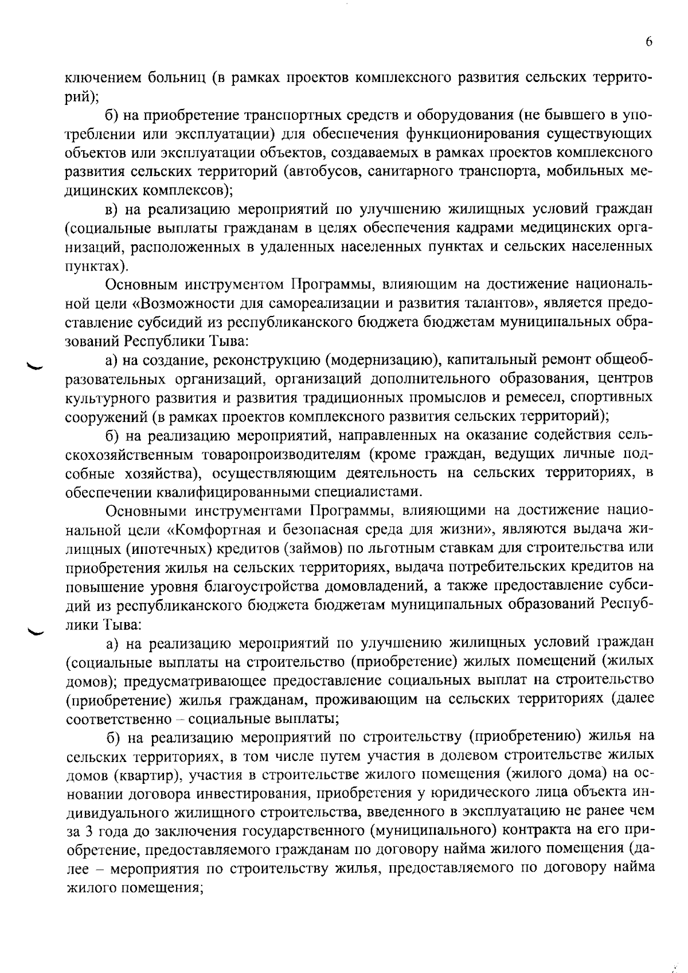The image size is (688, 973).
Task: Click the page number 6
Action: click(x=648, y=41)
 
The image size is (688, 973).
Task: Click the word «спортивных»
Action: click(x=621, y=397)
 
